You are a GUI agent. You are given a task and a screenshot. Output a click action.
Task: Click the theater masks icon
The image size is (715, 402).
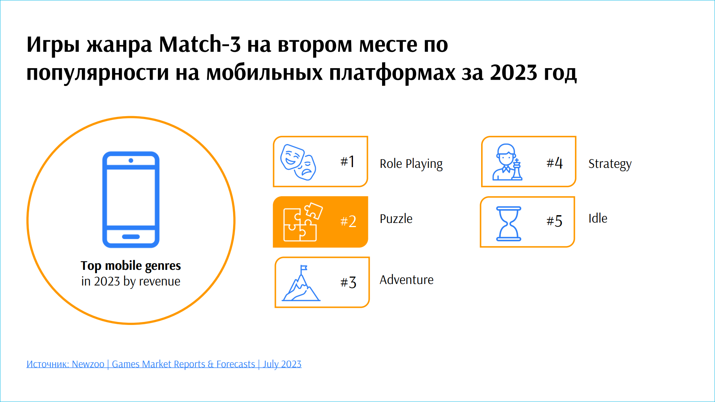click(x=298, y=162)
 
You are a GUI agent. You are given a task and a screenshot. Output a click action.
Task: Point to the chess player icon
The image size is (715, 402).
click(x=507, y=162)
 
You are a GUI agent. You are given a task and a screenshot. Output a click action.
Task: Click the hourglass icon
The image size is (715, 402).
click(x=509, y=224)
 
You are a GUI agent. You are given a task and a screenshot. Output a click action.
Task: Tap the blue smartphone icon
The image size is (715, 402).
click(x=131, y=200)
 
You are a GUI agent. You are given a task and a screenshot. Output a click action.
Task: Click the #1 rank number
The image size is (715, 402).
click(x=347, y=162)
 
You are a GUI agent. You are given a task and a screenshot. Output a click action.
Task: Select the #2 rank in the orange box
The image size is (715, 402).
click(x=348, y=221)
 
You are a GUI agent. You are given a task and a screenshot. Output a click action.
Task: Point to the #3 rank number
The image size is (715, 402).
click(x=348, y=283)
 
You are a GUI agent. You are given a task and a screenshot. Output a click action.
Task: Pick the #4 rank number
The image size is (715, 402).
click(x=554, y=163)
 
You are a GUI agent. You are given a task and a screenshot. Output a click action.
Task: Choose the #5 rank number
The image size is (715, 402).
click(x=554, y=221)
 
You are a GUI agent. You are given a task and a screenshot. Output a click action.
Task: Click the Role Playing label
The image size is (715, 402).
click(x=411, y=164)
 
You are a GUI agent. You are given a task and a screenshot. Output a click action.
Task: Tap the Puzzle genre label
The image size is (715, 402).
click(x=396, y=218)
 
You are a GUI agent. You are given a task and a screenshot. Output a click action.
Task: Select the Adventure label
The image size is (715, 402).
click(x=407, y=280)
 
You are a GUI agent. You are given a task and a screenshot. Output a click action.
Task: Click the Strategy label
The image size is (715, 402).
click(x=610, y=164)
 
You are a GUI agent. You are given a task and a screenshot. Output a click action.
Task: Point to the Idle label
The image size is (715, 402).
click(x=598, y=218)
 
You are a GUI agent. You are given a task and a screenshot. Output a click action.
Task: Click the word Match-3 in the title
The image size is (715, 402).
click(x=200, y=44)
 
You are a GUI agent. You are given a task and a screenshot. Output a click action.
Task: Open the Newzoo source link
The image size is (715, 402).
click(x=164, y=364)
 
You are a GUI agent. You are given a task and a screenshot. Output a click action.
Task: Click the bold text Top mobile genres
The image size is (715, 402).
click(x=131, y=266)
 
